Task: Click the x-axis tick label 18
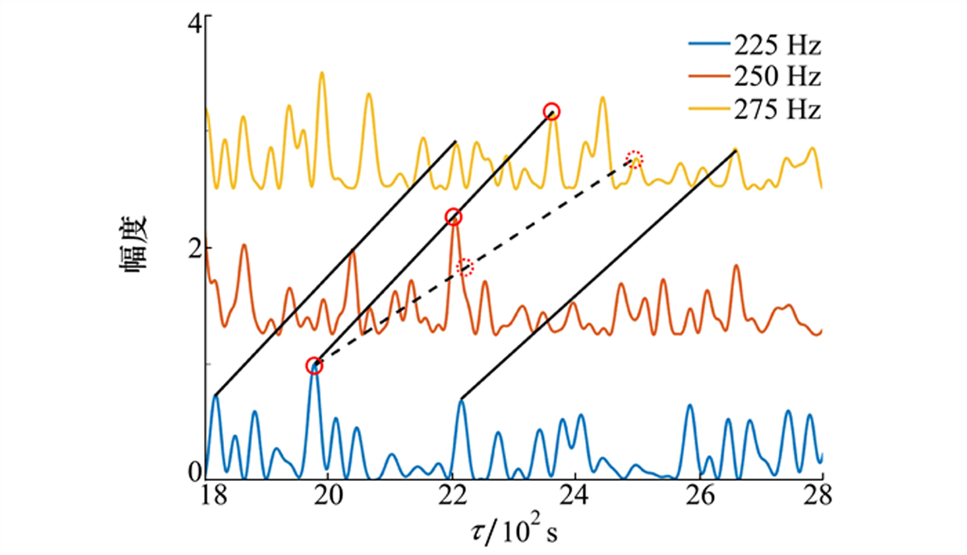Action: pos(205,496)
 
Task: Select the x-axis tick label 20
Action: pos(329,496)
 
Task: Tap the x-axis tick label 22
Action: pos(452,496)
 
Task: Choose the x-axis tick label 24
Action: pos(575,496)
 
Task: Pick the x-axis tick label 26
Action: pos(699,496)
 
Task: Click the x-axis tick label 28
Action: pos(822,496)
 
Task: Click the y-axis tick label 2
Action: pos(194,248)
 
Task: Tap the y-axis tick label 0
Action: pos(194,473)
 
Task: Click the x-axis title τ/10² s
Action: pos(513,531)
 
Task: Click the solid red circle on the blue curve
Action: pos(314,366)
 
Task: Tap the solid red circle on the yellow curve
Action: pos(551,111)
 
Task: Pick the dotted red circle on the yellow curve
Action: pos(635,157)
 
